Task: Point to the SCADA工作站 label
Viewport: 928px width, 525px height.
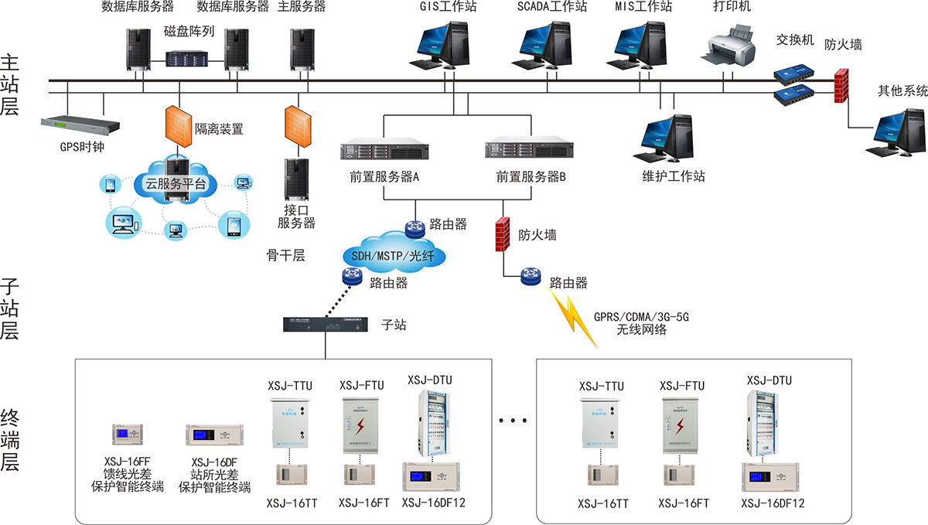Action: (x=551, y=7)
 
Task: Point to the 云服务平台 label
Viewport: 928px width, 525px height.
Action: (x=176, y=183)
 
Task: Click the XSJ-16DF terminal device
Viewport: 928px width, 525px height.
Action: (x=214, y=435)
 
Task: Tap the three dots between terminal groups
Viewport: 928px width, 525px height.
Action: (x=513, y=421)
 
